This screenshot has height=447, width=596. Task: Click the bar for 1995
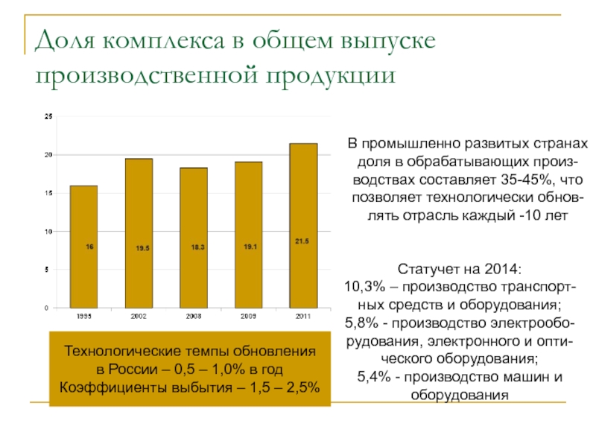83,246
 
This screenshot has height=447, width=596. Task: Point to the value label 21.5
302,241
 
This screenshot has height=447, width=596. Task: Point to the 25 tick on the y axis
48,116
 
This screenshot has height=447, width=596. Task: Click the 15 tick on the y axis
48,193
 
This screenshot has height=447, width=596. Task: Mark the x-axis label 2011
302,317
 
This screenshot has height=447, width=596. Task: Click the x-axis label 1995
83,317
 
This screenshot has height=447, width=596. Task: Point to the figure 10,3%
365,287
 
